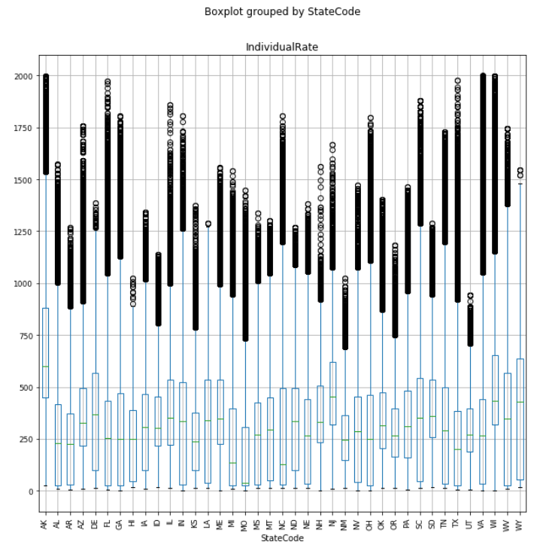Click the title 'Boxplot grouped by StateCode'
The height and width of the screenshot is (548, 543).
click(282, 12)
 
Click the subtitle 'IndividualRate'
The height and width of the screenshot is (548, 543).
click(282, 47)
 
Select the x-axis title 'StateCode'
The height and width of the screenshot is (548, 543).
click(282, 538)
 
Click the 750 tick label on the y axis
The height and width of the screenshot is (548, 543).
click(26, 336)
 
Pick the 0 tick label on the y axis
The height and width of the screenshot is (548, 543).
click(32, 492)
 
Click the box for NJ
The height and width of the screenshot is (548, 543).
click(332, 403)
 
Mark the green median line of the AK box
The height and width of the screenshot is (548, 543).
click(46, 367)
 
